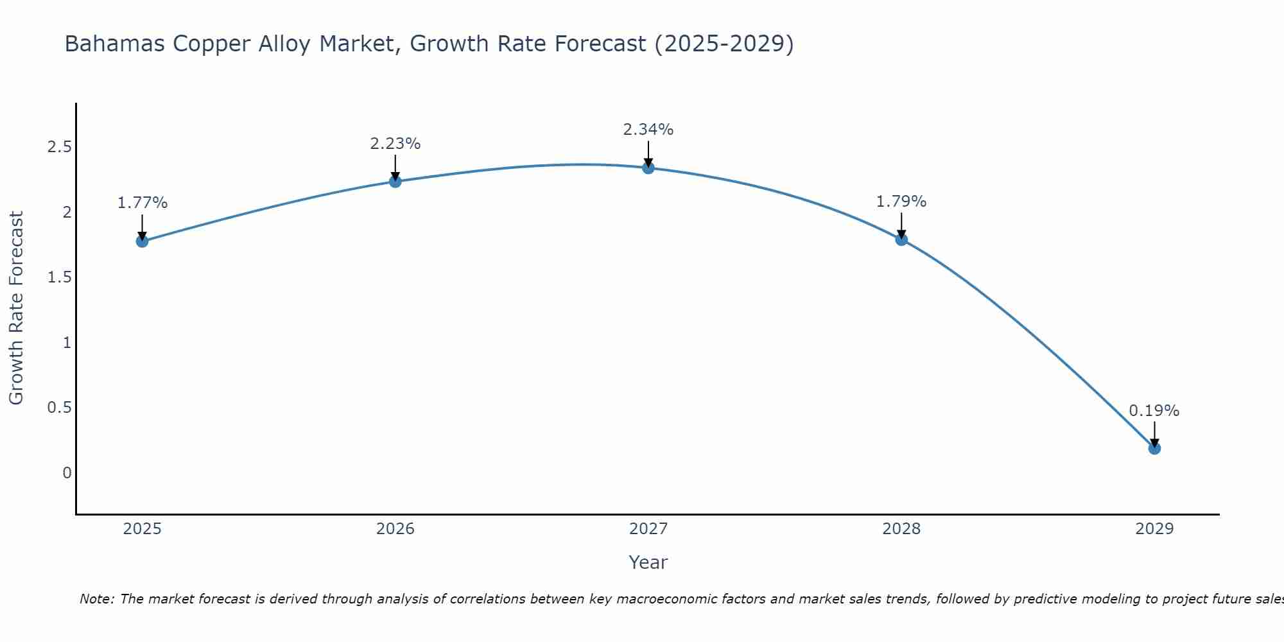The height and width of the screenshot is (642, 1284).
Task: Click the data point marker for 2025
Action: click(142, 241)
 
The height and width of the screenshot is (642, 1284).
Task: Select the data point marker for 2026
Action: click(395, 182)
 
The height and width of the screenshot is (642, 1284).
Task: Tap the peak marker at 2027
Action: click(648, 168)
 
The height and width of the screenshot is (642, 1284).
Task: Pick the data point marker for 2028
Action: click(901, 239)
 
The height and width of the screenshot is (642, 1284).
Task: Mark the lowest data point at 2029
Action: click(1154, 448)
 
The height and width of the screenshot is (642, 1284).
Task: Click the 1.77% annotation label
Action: click(142, 203)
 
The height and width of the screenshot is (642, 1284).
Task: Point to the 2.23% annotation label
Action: click(395, 144)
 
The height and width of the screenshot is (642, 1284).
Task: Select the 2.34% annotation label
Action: click(648, 130)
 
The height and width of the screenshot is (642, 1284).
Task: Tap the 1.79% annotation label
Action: click(901, 202)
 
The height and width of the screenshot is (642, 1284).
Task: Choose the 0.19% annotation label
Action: click(1154, 411)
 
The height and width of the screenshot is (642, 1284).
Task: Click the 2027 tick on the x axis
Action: click(648, 529)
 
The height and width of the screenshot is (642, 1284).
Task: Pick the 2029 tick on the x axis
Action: click(1154, 529)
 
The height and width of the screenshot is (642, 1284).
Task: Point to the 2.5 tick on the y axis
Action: click(59, 147)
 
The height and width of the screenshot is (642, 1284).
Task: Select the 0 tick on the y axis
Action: click(67, 473)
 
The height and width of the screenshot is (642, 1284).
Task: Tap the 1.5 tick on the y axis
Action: click(59, 277)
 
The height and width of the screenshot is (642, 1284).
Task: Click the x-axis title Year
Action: click(648, 562)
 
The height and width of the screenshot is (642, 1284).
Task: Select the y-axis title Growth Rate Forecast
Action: click(16, 308)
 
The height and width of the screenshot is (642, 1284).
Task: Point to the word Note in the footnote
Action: click(96, 599)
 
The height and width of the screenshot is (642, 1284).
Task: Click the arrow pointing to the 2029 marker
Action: click(1154, 434)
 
